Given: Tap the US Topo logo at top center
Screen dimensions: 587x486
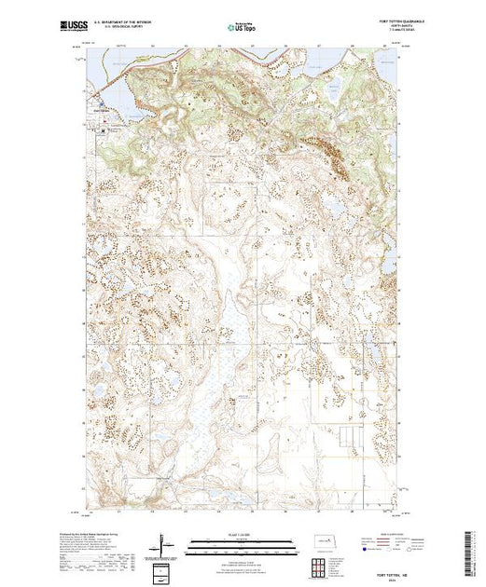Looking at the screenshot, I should [x=240, y=25].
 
